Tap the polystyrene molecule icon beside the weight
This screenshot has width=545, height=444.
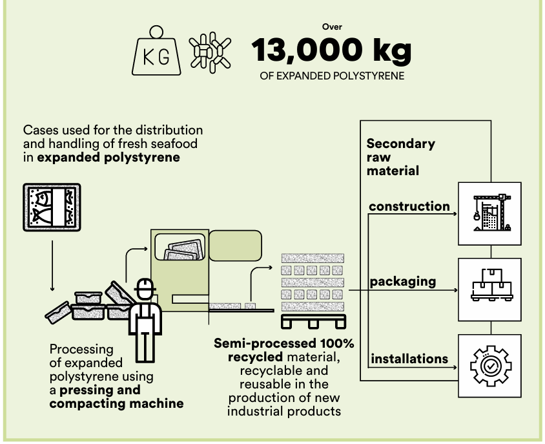pyautogui.click(x=210, y=52)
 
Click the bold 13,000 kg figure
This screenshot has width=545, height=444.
pyautogui.click(x=331, y=50)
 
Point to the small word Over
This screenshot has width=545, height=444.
pyautogui.click(x=332, y=26)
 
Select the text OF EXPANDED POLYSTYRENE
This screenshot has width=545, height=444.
pyautogui.click(x=332, y=76)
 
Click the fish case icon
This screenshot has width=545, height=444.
pyautogui.click(x=52, y=207)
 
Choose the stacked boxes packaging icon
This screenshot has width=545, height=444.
pyautogui.click(x=492, y=285)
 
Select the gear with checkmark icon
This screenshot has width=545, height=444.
pyautogui.click(x=490, y=366)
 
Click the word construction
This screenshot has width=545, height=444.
pyautogui.click(x=409, y=206)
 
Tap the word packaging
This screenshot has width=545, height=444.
pyautogui.click(x=403, y=282)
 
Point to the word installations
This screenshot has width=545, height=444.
pyautogui.click(x=409, y=359)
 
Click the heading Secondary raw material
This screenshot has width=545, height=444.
pyautogui.click(x=401, y=157)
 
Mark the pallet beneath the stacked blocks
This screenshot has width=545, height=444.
pyautogui.click(x=314, y=321)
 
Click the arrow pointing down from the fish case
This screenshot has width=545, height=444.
pyautogui.click(x=52, y=266)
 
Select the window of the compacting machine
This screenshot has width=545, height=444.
pyautogui.click(x=180, y=247)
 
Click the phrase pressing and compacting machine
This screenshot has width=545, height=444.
pyautogui.click(x=116, y=397)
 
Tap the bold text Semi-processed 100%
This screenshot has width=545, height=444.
pyautogui.click(x=284, y=343)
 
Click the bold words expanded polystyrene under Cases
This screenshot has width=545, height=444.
pyautogui.click(x=108, y=157)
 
